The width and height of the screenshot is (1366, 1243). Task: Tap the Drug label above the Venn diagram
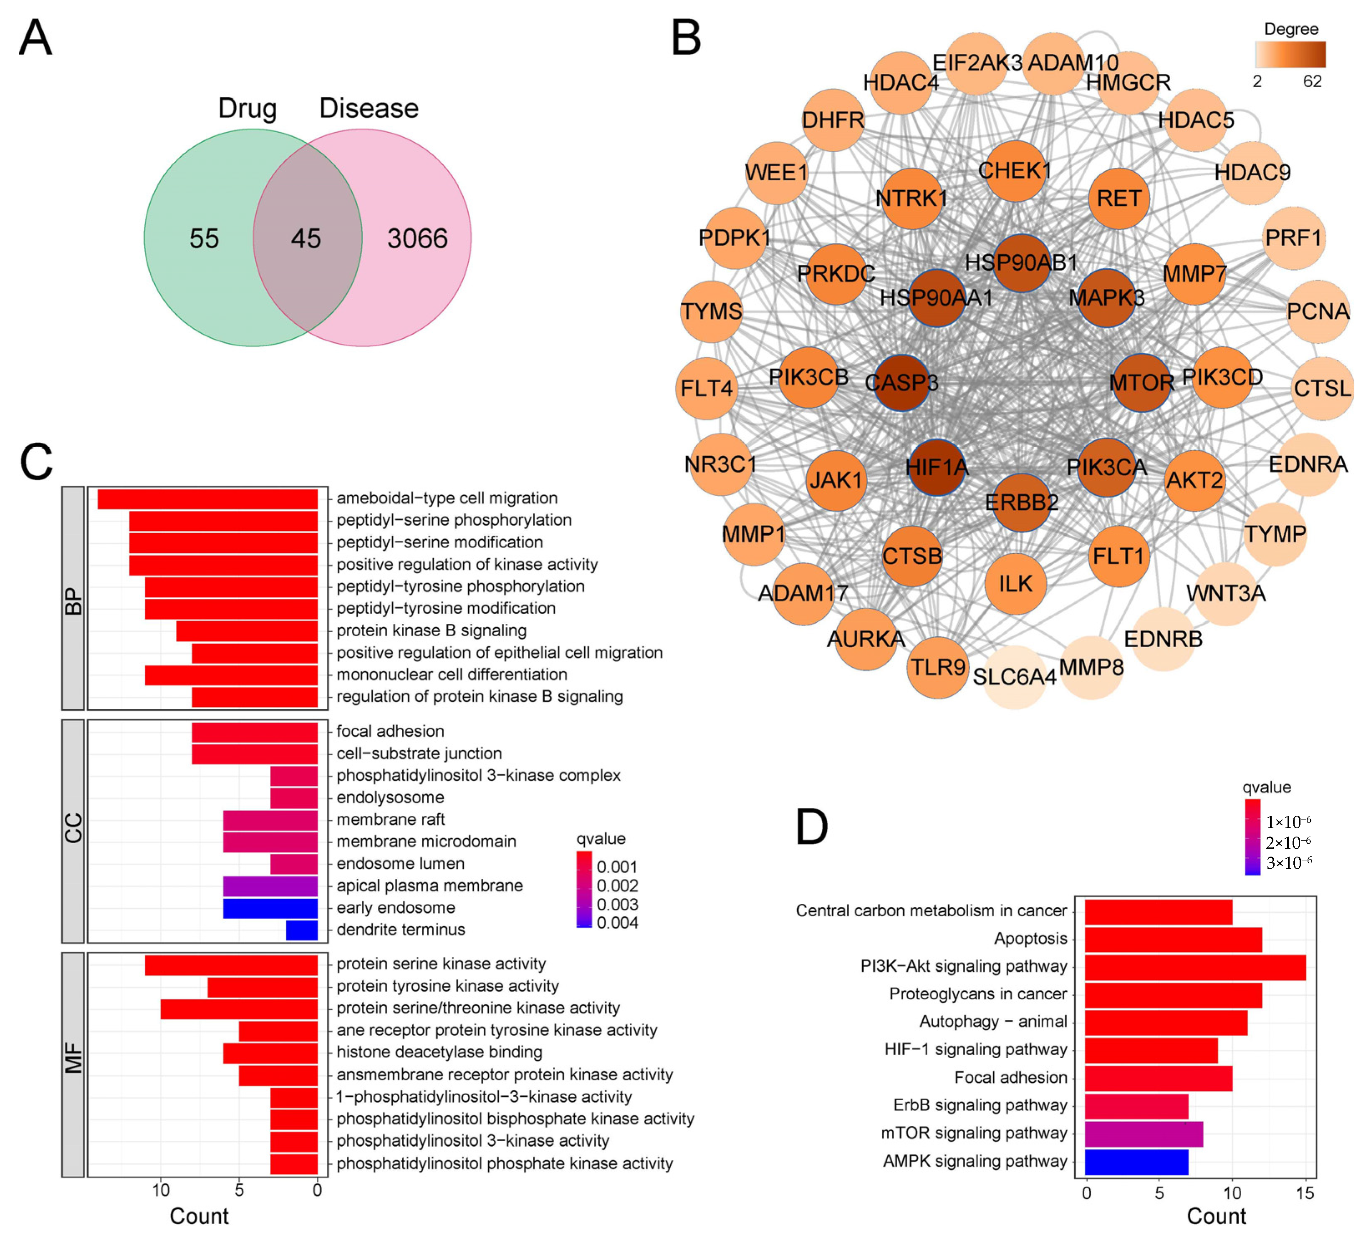[x=247, y=108]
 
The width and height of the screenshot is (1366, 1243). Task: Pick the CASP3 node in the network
[x=902, y=383]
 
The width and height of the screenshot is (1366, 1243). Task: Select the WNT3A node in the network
[x=1225, y=593]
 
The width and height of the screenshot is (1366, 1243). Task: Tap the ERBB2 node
[x=1021, y=503]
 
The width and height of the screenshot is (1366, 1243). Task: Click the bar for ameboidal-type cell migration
[x=208, y=499]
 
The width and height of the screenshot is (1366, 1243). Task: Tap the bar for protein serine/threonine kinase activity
[x=239, y=1009]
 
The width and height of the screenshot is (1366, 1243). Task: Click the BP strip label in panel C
[x=73, y=598]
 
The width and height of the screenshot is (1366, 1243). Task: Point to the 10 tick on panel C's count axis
[x=161, y=1190]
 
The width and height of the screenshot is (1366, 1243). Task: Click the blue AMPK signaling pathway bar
[x=1136, y=1161]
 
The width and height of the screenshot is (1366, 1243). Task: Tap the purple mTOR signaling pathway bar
[x=1144, y=1133]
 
